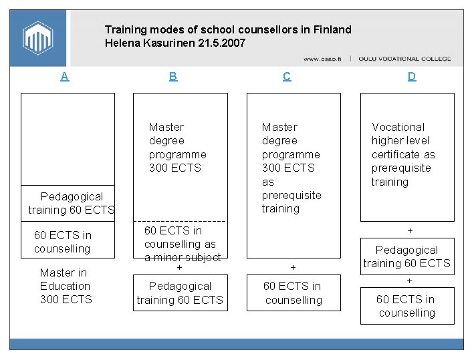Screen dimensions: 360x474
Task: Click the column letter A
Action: coord(64,76)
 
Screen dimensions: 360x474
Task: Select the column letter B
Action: coord(173,76)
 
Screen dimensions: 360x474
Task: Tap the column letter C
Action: coord(287,76)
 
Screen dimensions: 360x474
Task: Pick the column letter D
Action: coord(412,76)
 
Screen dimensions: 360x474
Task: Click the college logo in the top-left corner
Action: coord(37,37)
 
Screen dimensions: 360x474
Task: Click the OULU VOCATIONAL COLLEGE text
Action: coord(405,59)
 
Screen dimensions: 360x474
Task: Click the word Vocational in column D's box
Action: coord(398,127)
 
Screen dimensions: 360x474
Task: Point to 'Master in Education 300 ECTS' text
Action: coord(65,286)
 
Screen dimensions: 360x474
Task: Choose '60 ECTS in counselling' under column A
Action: coord(63,242)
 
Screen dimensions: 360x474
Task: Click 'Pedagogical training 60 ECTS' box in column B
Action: coord(180,293)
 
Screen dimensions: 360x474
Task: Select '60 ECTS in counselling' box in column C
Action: coord(293,293)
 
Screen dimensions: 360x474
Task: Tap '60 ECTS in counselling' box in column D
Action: coord(406,306)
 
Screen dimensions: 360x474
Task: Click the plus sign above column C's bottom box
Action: coord(293,267)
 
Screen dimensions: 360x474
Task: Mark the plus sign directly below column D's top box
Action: coord(410,230)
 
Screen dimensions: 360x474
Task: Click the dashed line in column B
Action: coord(180,221)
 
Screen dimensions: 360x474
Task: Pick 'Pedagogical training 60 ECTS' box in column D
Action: coord(407,256)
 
